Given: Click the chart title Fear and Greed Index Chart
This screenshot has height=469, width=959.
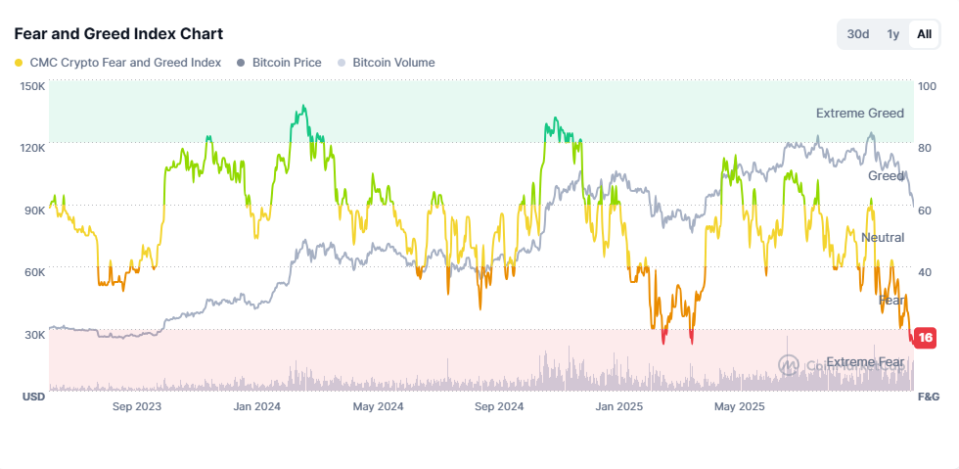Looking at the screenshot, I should tap(118, 34).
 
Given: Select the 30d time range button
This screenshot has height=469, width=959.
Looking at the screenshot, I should tap(858, 34).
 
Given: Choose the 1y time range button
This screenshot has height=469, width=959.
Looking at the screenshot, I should tap(892, 34).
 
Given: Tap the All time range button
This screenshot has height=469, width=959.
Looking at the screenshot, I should tap(923, 34).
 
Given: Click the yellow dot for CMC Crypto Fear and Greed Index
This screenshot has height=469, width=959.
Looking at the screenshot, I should tap(20, 63).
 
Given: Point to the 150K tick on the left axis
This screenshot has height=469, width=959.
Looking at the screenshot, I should tap(32, 86).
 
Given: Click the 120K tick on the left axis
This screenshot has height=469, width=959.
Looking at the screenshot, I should tap(32, 148).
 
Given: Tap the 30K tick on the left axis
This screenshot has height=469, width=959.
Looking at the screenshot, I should tap(33, 335).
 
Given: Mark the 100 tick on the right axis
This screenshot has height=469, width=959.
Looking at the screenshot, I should tap(927, 86).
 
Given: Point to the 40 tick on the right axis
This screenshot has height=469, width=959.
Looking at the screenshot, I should tap(926, 272).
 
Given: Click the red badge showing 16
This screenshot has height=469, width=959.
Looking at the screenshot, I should tap(925, 338).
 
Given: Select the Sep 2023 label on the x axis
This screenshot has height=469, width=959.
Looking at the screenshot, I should tap(137, 406).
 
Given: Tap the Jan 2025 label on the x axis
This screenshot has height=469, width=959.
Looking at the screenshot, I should tap(617, 406).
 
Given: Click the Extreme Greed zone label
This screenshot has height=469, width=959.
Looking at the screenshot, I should tap(859, 114).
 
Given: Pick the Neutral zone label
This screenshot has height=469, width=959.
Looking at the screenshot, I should tap(882, 238).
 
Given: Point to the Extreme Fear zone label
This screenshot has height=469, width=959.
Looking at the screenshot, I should tap(865, 362).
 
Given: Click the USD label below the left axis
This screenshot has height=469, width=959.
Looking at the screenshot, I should tap(33, 398).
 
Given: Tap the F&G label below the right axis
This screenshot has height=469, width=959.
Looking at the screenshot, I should tap(928, 398).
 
